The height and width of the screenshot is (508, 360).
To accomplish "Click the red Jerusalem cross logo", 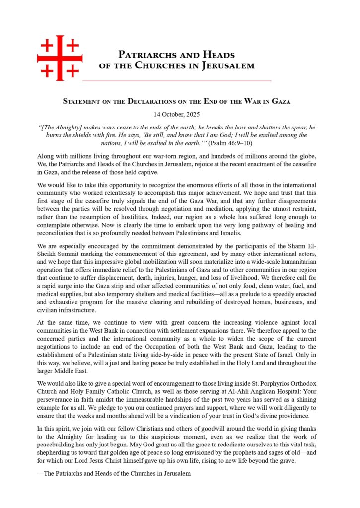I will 60,58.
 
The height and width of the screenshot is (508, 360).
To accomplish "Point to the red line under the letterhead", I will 177,80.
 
